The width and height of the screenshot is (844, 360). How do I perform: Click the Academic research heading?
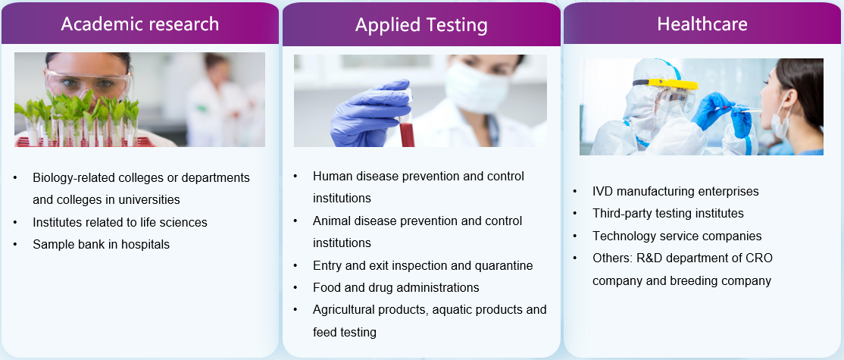(x=140, y=24)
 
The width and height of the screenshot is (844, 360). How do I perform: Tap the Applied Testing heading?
(x=421, y=25)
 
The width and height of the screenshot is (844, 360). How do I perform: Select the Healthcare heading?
(x=702, y=24)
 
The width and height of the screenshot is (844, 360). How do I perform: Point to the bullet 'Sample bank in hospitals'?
(x=102, y=244)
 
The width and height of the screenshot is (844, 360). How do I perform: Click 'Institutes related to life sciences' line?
(x=120, y=222)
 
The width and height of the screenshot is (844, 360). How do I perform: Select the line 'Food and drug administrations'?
(x=396, y=287)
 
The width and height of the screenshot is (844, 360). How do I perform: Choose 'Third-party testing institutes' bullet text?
(x=668, y=214)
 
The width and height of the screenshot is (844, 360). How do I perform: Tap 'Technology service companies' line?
(x=677, y=236)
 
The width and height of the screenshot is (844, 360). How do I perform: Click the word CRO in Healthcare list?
(x=759, y=258)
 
